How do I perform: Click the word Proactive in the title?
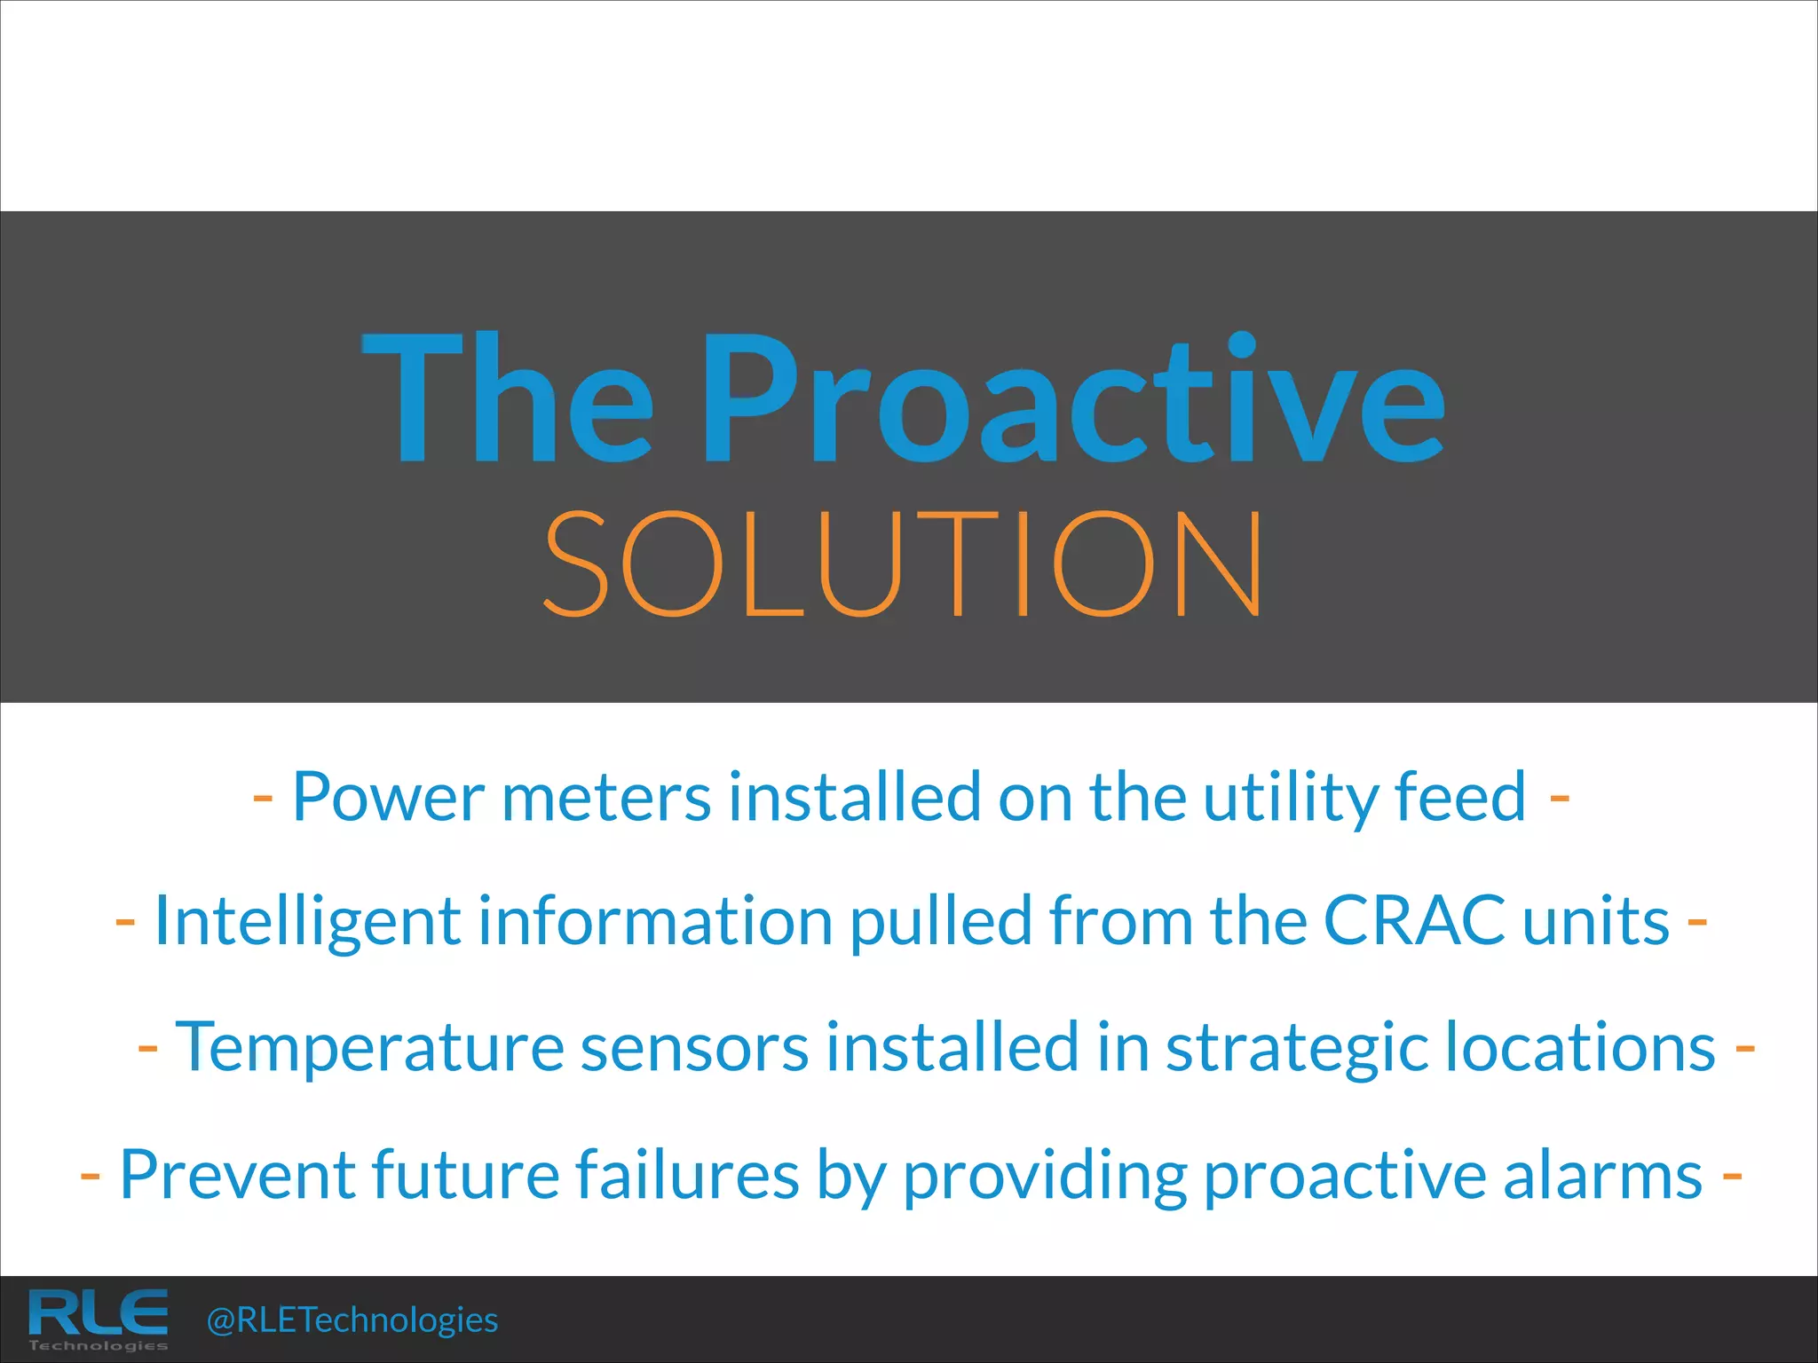[x=1074, y=399]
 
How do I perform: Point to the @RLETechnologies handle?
[x=352, y=1320]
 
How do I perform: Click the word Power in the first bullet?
[x=388, y=797]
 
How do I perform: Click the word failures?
[x=688, y=1175]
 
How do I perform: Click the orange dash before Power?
[x=262, y=798]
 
